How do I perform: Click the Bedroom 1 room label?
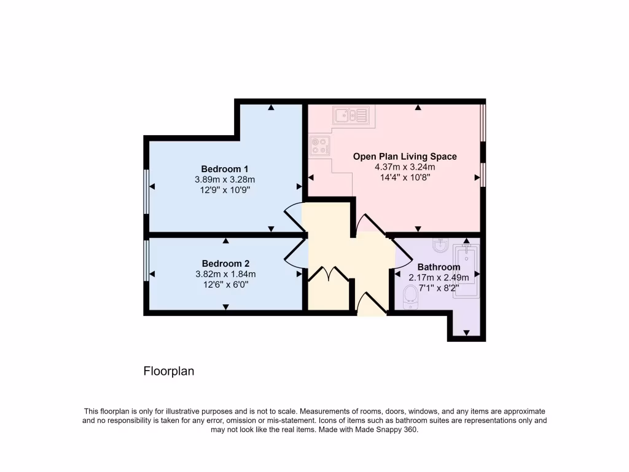[x=225, y=169]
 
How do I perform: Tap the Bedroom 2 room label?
[x=225, y=264]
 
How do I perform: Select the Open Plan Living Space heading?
[x=405, y=157]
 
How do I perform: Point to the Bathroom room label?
[x=439, y=267]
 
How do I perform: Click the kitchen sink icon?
[x=350, y=114]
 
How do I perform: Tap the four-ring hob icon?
[x=320, y=146]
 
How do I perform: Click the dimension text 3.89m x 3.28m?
[x=225, y=179]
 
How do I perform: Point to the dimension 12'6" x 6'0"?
[x=225, y=285]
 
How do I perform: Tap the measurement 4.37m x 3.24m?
[x=405, y=167]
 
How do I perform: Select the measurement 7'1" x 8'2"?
[x=439, y=288]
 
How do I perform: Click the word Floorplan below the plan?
[x=169, y=371]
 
